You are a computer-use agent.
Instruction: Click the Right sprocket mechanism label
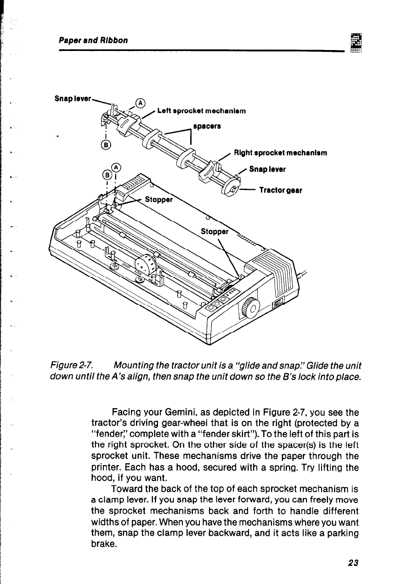click(280, 153)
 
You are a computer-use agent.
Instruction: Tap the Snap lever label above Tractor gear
click(267, 169)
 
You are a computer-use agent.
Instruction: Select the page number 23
click(353, 562)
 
